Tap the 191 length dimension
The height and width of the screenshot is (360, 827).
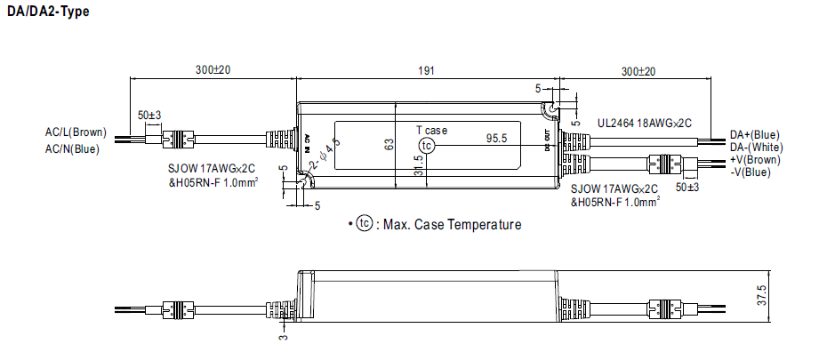[x=426, y=69]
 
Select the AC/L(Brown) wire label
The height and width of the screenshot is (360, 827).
[x=76, y=132]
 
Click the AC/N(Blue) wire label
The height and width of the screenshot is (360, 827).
[x=73, y=148]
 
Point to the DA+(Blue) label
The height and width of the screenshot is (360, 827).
[x=754, y=133]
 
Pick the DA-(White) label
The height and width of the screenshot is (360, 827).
[x=756, y=147]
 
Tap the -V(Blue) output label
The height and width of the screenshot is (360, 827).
[x=751, y=172]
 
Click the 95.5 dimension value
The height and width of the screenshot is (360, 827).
[x=496, y=139]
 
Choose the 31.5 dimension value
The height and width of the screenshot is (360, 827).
[x=418, y=166]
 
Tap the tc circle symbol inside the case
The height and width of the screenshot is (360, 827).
[x=429, y=145]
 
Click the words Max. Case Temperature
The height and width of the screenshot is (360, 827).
[x=452, y=225]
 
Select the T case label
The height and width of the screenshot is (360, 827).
[x=432, y=130]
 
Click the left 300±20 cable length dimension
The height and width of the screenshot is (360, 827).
[x=213, y=69]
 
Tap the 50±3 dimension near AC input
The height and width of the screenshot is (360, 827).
[x=149, y=116]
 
